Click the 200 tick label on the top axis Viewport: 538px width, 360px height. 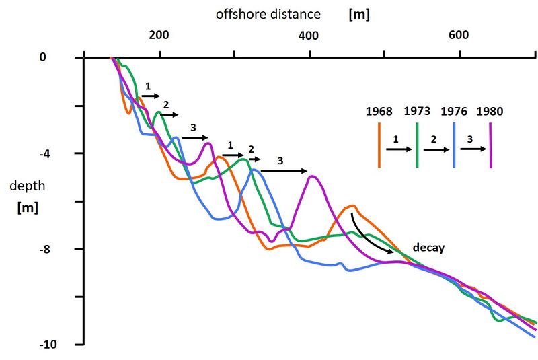tap(159, 35)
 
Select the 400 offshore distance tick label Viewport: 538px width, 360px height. tap(309, 35)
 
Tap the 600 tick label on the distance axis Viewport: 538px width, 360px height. tap(459, 35)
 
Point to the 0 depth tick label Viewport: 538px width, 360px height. tap(42, 58)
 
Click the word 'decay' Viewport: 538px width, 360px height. tap(428, 248)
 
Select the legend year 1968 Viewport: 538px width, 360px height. tap(379, 111)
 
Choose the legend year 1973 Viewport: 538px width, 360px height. tap(417, 111)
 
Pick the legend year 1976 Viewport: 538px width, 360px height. tap(454, 111)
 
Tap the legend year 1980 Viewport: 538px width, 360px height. tap(490, 111)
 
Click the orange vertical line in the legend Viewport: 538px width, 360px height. tap(380, 145)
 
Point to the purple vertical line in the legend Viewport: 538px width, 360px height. tap(491, 145)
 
